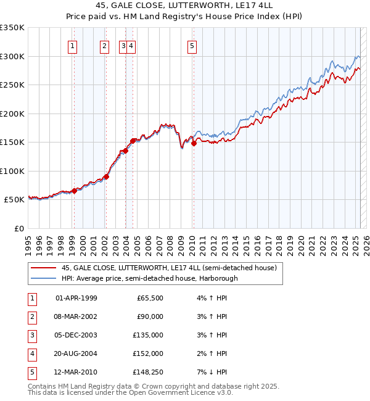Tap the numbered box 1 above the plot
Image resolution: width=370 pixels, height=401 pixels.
73,45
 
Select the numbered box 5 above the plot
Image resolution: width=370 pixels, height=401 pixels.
192,45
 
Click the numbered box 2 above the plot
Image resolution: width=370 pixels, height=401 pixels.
105,45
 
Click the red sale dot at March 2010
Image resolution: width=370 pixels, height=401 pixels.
194,143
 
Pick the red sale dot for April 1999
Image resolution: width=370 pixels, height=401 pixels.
74,191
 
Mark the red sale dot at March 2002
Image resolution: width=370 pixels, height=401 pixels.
106,176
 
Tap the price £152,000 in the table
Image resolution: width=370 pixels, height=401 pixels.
149,354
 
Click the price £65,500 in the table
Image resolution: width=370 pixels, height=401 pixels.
150,298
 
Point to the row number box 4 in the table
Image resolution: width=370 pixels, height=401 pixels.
31,354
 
